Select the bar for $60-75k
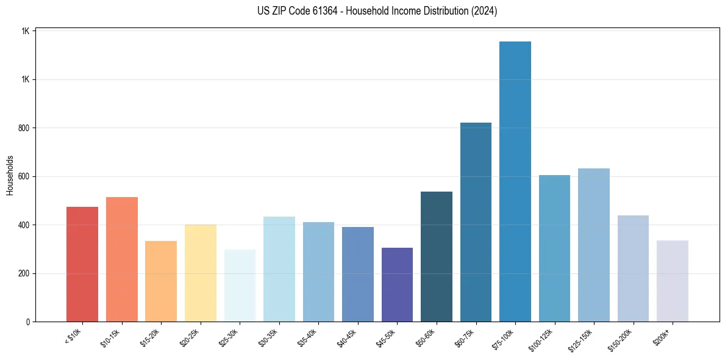click(x=476, y=222)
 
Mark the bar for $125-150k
click(x=593, y=245)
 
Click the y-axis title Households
click(x=10, y=176)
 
